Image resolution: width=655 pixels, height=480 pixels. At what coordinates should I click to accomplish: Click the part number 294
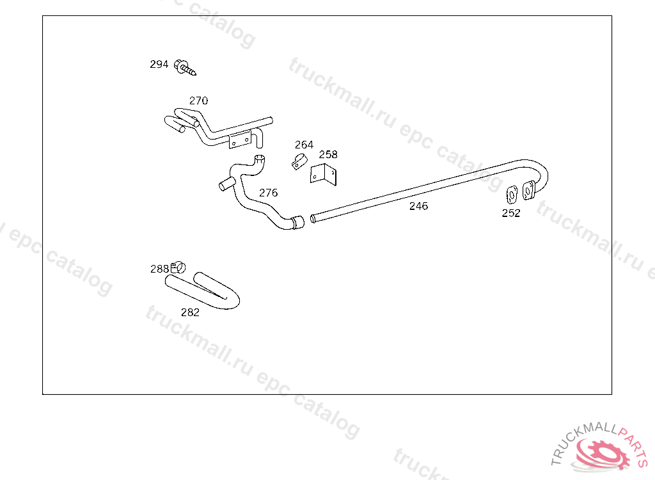pos(159,64)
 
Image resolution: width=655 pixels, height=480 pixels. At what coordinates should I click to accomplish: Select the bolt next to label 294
pos(184,67)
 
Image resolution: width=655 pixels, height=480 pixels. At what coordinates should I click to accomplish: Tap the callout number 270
pos(198,100)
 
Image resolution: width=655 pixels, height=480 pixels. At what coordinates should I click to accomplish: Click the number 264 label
pos(304,145)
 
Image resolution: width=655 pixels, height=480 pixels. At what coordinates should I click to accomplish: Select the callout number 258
pos(328,154)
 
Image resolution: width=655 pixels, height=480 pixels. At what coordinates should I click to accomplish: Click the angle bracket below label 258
pos(324,173)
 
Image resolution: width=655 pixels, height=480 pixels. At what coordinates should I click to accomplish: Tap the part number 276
pos(268,192)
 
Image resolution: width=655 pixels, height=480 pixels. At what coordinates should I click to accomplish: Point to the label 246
pos(418,205)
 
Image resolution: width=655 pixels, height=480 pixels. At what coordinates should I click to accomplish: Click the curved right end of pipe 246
pos(541,172)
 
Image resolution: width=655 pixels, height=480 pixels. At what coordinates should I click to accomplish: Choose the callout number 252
pos(511,213)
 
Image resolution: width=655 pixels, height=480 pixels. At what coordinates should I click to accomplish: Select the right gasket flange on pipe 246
pos(528,189)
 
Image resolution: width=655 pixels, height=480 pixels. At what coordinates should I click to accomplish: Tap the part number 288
pos(159,269)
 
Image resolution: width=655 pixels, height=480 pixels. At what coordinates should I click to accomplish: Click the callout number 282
pos(190,312)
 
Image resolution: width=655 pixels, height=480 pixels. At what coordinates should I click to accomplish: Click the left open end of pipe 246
pos(313,219)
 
